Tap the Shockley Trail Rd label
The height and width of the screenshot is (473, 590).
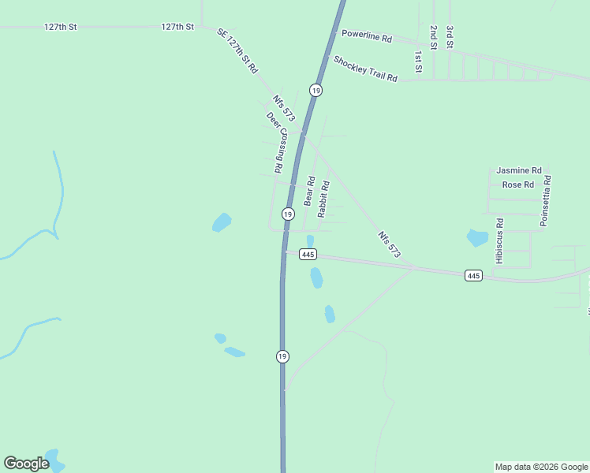click(364, 69)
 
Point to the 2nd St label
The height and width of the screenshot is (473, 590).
click(433, 37)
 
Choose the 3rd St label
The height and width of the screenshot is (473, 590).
click(449, 37)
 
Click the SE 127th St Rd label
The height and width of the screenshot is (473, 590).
click(237, 50)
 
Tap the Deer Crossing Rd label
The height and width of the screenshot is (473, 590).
click(275, 142)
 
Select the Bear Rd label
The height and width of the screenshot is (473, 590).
click(309, 192)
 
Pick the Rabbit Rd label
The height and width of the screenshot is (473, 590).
click(323, 199)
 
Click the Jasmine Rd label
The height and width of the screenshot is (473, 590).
click(518, 170)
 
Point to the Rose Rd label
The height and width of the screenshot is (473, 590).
click(517, 185)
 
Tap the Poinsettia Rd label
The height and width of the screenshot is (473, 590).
click(544, 201)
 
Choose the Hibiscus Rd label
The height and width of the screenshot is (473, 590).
click(499, 241)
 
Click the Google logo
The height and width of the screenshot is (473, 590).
click(26, 464)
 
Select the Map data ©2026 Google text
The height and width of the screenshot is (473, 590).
click(542, 467)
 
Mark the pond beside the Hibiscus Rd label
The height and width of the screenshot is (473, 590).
click(477, 236)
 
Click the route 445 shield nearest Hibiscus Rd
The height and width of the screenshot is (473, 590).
click(473, 275)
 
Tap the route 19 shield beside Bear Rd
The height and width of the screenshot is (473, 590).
click(288, 214)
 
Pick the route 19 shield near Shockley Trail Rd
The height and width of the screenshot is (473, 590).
click(316, 91)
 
